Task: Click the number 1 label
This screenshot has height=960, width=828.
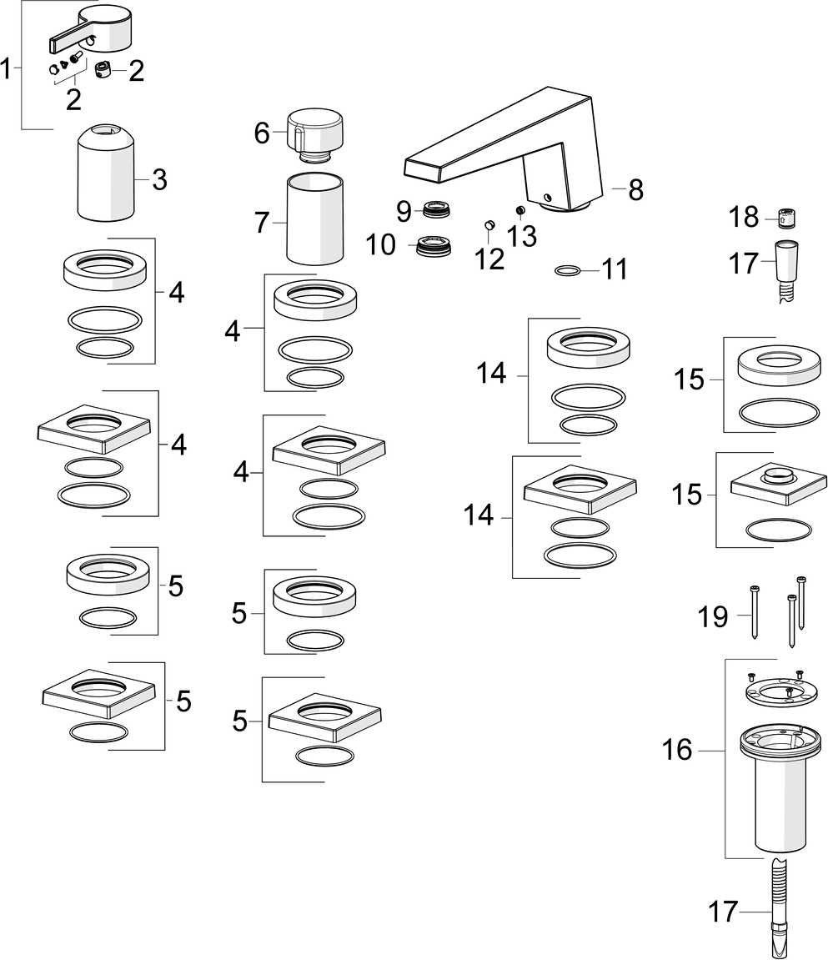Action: pyautogui.click(x=8, y=69)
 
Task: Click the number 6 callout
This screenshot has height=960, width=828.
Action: pyautogui.click(x=263, y=133)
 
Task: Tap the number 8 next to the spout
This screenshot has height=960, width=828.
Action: pyautogui.click(x=636, y=190)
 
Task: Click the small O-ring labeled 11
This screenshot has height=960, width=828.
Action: pyautogui.click(x=568, y=270)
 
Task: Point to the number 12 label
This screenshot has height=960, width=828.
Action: pyautogui.click(x=490, y=259)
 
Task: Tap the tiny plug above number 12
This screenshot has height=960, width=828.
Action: pyautogui.click(x=490, y=224)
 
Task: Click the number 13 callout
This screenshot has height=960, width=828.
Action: pyautogui.click(x=523, y=236)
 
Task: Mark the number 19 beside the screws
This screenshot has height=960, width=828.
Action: pyautogui.click(x=713, y=617)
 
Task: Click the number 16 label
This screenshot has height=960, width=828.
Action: pyautogui.click(x=677, y=750)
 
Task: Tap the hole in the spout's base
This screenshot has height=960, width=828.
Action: pyautogui.click(x=546, y=198)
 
